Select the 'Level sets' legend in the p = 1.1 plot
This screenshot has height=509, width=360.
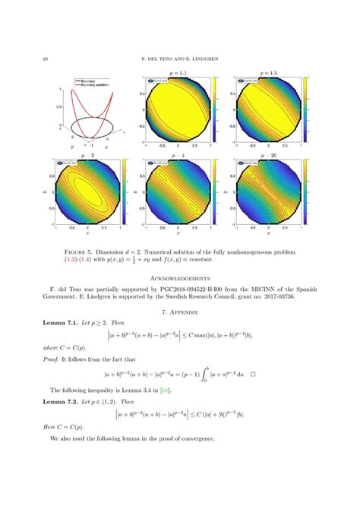(156, 78)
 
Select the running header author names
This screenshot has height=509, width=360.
(179, 59)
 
